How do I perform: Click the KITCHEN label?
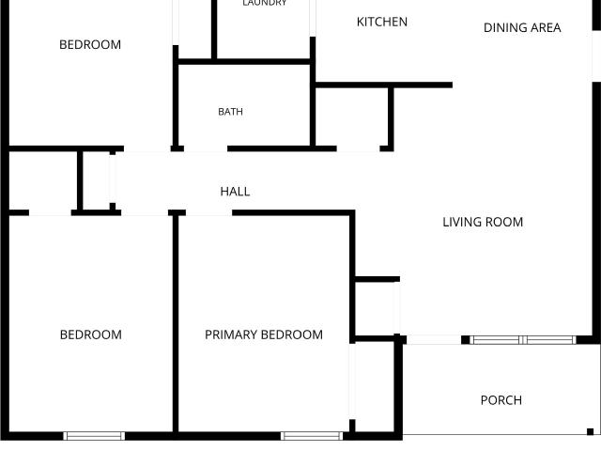pyautogui.click(x=382, y=22)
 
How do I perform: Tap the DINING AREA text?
pyautogui.click(x=522, y=27)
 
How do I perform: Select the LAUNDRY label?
pyautogui.click(x=265, y=3)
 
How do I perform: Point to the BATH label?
pyautogui.click(x=230, y=112)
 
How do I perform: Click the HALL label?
pyautogui.click(x=235, y=192)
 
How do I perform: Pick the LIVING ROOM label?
pyautogui.click(x=483, y=222)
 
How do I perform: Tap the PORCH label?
pyautogui.click(x=501, y=400)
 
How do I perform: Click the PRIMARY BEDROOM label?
pyautogui.click(x=264, y=334)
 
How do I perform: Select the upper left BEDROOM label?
pyautogui.click(x=90, y=44)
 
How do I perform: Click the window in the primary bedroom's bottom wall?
pyautogui.click(x=312, y=436)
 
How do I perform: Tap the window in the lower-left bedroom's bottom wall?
pyautogui.click(x=94, y=436)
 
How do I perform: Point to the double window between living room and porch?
pyautogui.click(x=523, y=340)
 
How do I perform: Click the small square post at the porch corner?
pyautogui.click(x=591, y=431)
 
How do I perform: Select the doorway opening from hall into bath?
pyautogui.click(x=206, y=148)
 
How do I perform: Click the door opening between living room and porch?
pyautogui.click(x=434, y=340)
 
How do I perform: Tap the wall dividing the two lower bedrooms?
pyautogui.click(x=176, y=324)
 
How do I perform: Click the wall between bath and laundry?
pyautogui.click(x=244, y=62)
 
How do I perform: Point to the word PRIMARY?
pyautogui.click(x=232, y=334)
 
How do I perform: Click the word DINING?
pyautogui.click(x=502, y=27)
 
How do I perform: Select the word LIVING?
pyautogui.click(x=462, y=222)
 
